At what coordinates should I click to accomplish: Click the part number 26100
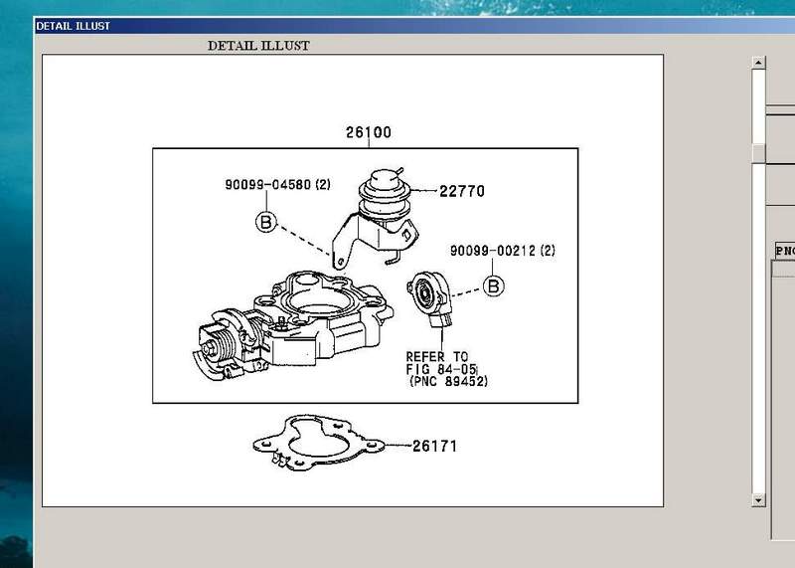click(368, 132)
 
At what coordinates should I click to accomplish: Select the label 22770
click(462, 191)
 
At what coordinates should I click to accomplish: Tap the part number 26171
click(434, 447)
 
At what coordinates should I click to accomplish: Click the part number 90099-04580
click(267, 184)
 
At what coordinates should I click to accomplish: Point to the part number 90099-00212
click(493, 251)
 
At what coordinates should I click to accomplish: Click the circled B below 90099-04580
click(266, 222)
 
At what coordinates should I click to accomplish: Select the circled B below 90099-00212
click(493, 285)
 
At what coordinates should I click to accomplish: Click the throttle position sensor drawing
click(429, 299)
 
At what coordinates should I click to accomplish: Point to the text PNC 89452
click(449, 381)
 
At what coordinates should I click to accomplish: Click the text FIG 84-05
click(441, 369)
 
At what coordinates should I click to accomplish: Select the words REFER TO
click(437, 357)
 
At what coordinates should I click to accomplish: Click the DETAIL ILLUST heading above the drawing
click(258, 46)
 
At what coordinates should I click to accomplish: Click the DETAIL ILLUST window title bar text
click(73, 26)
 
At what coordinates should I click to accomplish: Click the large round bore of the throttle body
click(317, 303)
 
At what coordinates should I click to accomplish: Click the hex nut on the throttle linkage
click(209, 349)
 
